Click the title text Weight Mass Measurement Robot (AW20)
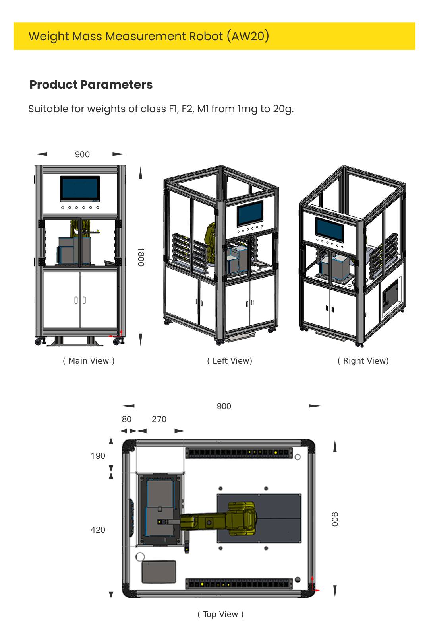[149, 36]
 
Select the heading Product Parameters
[91, 85]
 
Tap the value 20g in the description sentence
[282, 109]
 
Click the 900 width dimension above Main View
[82, 154]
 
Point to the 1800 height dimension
[141, 257]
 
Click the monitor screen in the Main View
[80, 189]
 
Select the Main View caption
[89, 361]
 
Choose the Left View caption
[230, 361]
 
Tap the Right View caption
[363, 361]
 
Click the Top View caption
[220, 614]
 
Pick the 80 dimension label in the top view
[126, 419]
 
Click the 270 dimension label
[159, 419]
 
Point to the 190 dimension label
[98, 456]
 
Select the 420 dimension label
[98, 530]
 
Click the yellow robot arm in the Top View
[222, 518]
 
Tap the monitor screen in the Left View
[250, 214]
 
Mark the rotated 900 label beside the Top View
[335, 519]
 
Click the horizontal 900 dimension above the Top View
[224, 406]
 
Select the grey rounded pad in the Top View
[159, 572]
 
